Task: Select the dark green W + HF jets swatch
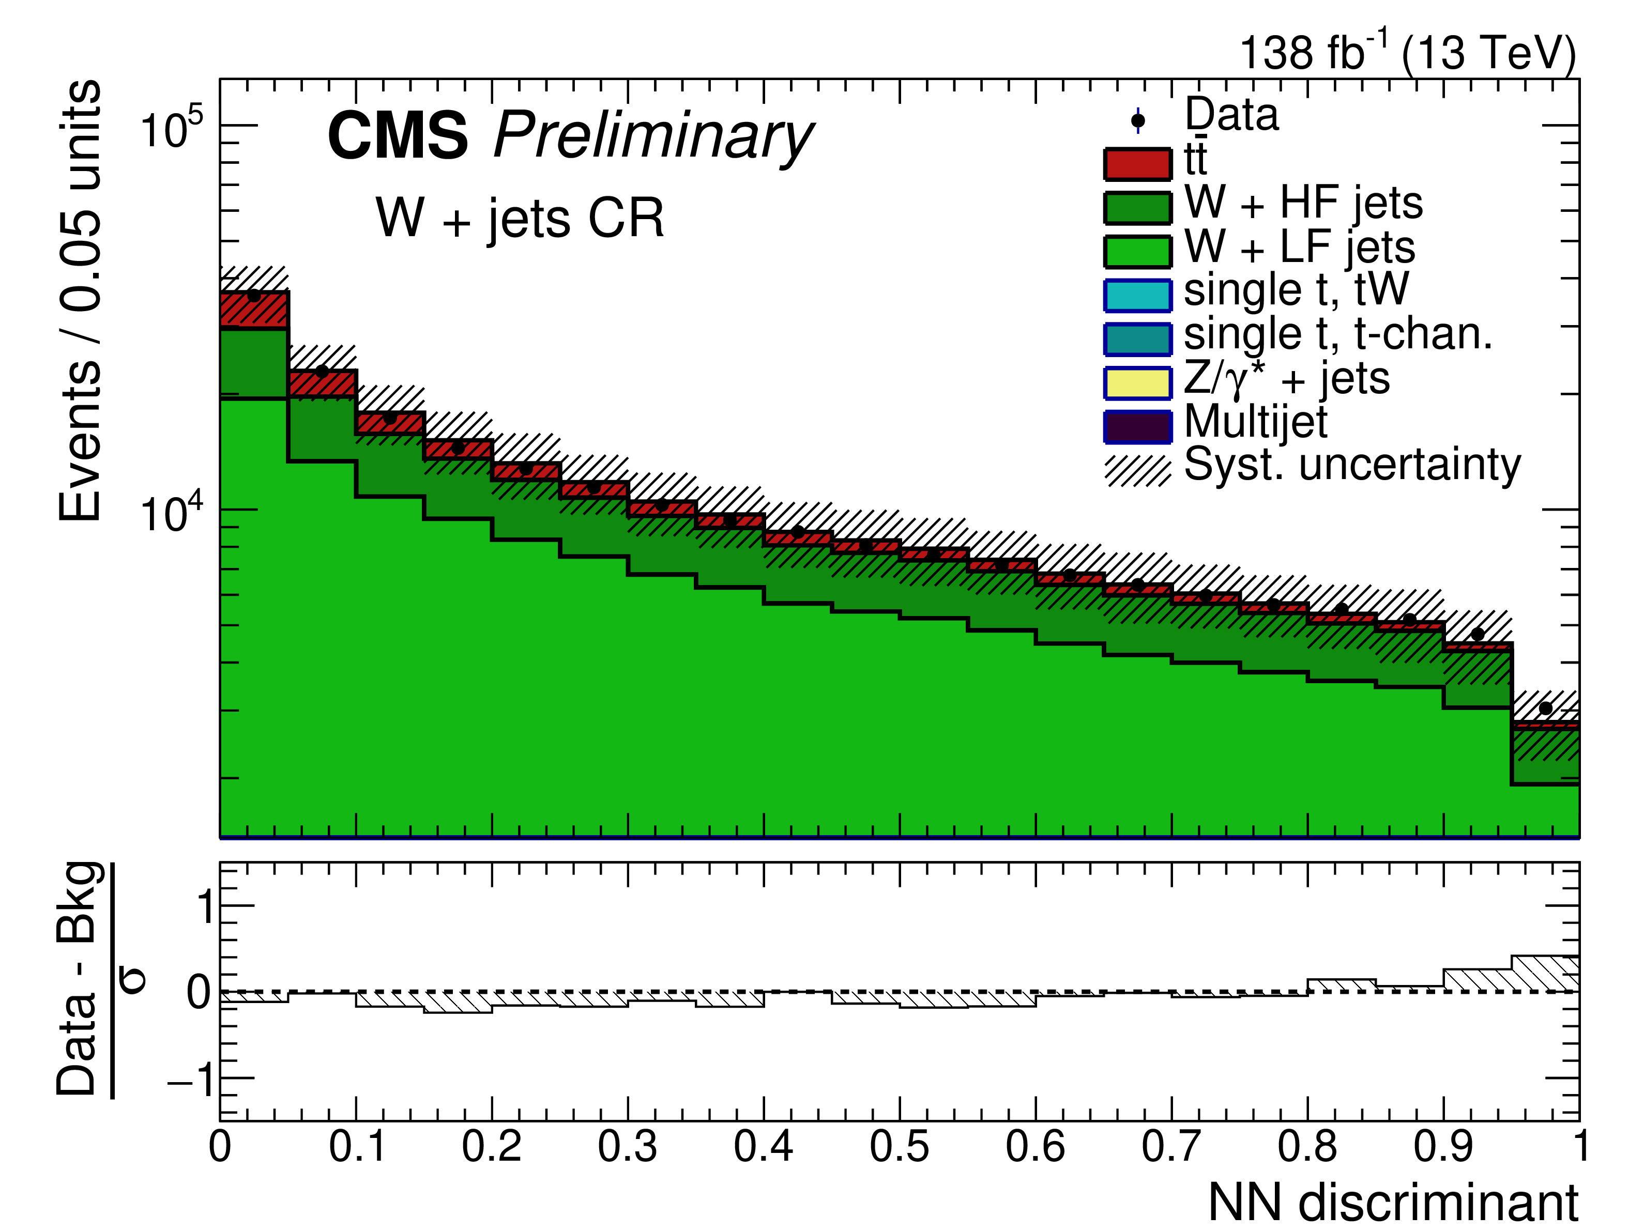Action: (1136, 208)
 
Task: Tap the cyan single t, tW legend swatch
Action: (1136, 295)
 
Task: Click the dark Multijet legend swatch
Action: (1136, 427)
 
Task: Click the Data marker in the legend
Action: (1138, 120)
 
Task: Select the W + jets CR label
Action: (520, 218)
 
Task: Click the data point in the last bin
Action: (1545, 708)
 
